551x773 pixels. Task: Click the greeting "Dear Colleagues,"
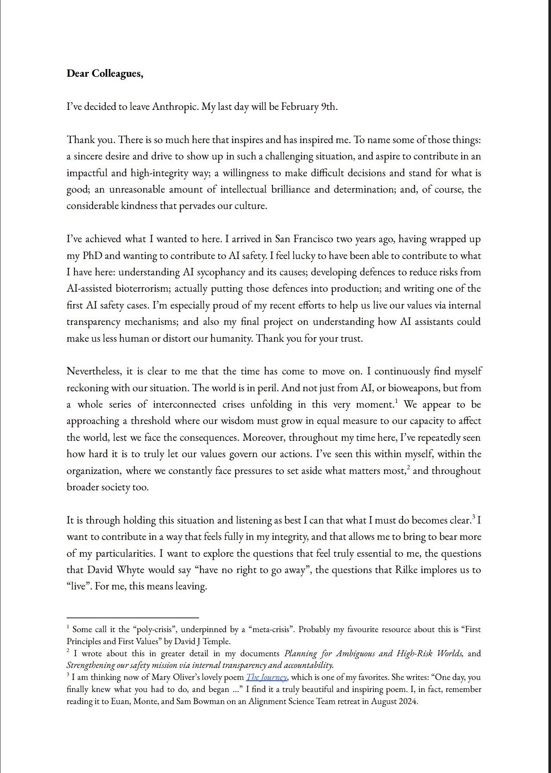(x=105, y=74)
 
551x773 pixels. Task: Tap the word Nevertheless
(x=94, y=371)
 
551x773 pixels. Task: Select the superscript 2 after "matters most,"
(x=408, y=468)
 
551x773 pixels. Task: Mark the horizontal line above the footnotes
(x=132, y=617)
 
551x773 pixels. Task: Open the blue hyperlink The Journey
(x=266, y=677)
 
